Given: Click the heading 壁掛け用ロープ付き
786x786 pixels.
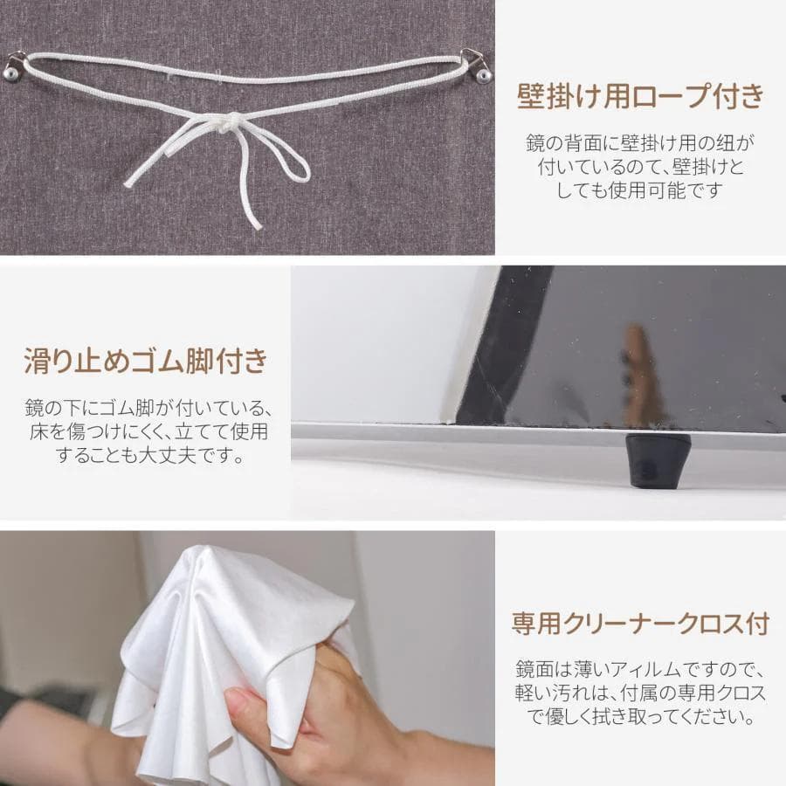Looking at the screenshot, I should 640,95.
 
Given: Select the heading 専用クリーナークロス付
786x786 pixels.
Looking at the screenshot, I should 640,624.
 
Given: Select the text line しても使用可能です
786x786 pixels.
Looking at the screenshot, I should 640,190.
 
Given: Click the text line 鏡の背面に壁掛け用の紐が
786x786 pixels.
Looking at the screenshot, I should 640,141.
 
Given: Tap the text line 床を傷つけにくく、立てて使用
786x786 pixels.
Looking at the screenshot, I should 145,431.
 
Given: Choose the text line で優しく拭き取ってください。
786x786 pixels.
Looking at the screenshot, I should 640,719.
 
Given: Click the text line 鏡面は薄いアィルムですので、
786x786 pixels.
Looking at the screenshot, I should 640,671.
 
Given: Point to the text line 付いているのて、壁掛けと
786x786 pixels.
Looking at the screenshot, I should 640,165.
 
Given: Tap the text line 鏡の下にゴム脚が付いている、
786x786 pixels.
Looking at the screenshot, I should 145,408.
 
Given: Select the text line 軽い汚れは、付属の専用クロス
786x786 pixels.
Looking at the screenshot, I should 640,695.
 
